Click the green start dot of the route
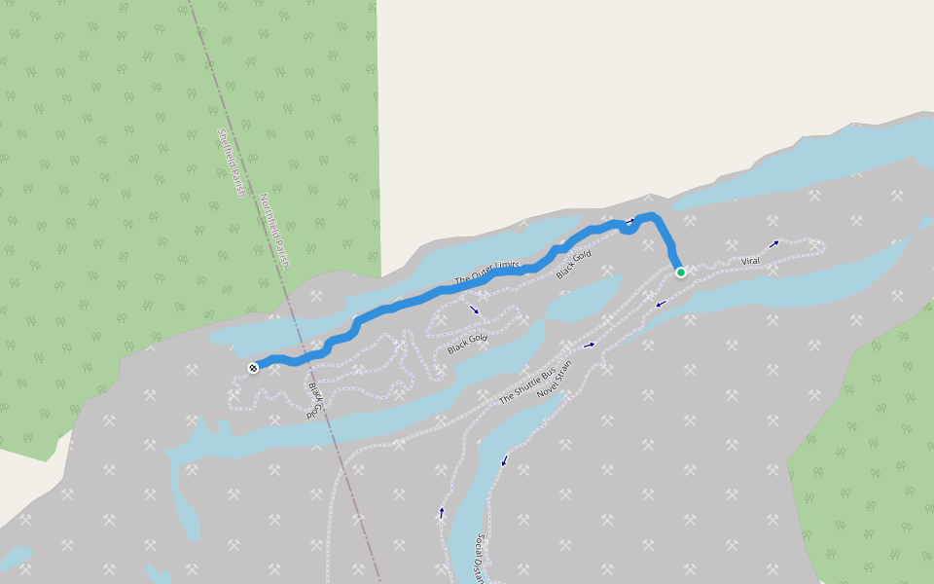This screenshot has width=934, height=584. (x=680, y=272)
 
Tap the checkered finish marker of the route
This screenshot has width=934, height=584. (x=253, y=368)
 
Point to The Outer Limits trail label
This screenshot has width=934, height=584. (x=488, y=274)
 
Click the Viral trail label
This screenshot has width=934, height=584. (x=750, y=261)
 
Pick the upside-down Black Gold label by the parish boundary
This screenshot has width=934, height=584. (x=312, y=400)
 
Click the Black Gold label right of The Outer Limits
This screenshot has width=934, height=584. (x=574, y=265)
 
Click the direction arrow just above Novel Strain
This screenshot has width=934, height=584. (x=590, y=345)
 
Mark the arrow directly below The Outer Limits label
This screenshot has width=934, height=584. (x=474, y=310)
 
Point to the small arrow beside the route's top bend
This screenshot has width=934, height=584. (x=630, y=221)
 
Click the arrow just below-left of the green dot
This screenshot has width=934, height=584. (x=661, y=304)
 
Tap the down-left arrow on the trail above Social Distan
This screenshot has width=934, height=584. (x=504, y=460)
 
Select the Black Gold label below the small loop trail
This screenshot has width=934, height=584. (x=467, y=343)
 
